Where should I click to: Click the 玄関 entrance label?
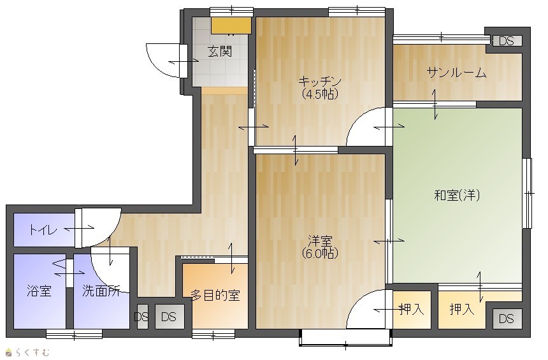[x=220, y=52]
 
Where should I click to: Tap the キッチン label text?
[x=320, y=82]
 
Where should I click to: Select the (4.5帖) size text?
[x=320, y=94]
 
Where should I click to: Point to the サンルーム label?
[x=456, y=73]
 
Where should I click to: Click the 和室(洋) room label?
[x=457, y=195]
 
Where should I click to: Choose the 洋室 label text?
[x=320, y=241]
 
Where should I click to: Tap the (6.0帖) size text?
[x=320, y=253]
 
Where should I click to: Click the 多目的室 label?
[x=215, y=296]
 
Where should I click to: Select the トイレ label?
[x=43, y=230]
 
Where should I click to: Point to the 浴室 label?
[x=39, y=291]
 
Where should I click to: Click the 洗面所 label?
[x=101, y=291]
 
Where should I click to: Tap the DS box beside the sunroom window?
[x=507, y=41]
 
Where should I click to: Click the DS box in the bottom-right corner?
[x=507, y=319]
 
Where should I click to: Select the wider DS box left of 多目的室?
[x=169, y=317]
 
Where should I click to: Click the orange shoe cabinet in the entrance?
[x=231, y=25]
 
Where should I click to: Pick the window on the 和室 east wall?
[x=527, y=193]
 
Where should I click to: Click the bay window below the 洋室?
[x=345, y=338]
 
